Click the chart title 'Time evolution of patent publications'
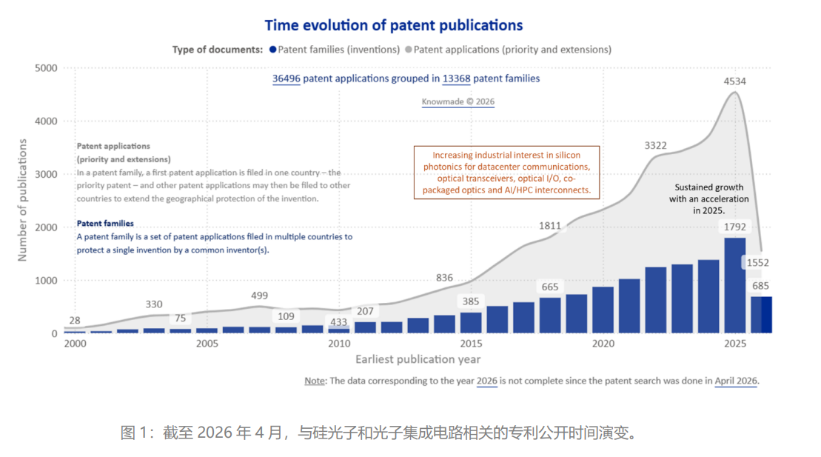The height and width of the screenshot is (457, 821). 394,25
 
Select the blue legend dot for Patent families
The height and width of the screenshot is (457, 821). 272,50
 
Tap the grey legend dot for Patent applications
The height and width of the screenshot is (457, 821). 409,50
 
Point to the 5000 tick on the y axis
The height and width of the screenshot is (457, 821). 47,68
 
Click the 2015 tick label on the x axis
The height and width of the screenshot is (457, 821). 472,344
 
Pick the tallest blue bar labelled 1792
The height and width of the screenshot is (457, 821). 735,285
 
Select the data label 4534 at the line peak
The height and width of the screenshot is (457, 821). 734,81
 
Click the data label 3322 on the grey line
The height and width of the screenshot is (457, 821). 656,145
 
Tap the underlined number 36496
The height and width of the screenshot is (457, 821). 286,79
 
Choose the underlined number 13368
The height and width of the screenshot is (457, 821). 457,79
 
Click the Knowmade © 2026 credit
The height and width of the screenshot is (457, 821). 458,101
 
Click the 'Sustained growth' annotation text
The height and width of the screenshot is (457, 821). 709,187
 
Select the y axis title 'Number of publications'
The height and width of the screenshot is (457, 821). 22,200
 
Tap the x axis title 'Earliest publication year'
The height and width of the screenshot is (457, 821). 418,359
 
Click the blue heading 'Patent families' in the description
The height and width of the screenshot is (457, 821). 105,223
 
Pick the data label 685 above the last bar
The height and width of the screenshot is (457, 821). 761,286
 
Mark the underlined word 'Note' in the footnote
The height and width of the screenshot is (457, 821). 315,381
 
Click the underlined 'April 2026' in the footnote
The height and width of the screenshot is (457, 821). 736,381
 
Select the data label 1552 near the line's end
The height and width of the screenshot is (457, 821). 757,262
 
